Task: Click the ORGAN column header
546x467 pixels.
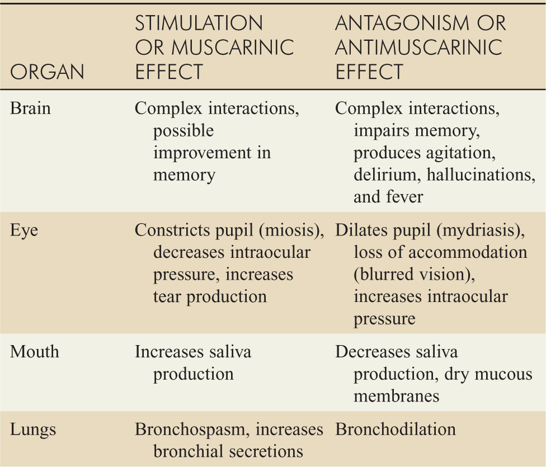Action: coord(48,72)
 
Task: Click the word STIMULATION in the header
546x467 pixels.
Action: coord(199,23)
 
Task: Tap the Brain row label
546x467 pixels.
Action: coord(31,108)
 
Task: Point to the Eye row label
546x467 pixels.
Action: coord(24,230)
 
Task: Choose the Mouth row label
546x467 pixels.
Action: coord(35,352)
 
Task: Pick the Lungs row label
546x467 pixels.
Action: coord(34,429)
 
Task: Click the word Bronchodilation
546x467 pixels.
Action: coord(395,429)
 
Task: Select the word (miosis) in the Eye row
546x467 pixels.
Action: coord(291,230)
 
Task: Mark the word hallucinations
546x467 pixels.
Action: coord(482,174)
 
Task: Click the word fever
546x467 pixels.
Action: coord(405,197)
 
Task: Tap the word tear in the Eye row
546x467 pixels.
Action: coord(167,296)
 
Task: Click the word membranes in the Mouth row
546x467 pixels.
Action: coord(396,396)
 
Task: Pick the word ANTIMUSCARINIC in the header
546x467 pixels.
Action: coord(418,48)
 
